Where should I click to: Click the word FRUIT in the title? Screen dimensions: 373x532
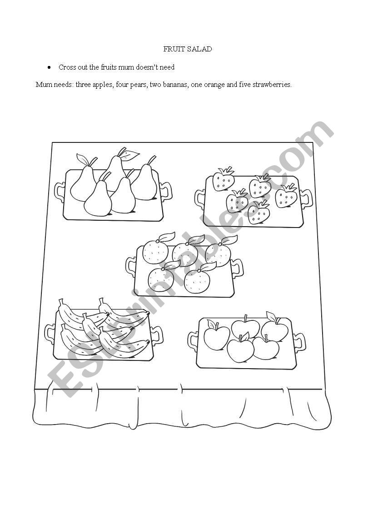[x=173, y=49]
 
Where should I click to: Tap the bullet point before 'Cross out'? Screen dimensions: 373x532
[x=50, y=67]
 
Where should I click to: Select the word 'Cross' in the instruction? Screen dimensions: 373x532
[x=67, y=67]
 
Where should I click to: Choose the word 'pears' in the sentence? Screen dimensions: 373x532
[x=138, y=85]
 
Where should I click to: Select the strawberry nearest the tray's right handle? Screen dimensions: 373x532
[x=286, y=196]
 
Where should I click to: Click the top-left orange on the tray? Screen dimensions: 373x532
[x=155, y=251]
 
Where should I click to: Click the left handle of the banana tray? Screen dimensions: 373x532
[x=50, y=334]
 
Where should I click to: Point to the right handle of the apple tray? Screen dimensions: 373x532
[x=299, y=342]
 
